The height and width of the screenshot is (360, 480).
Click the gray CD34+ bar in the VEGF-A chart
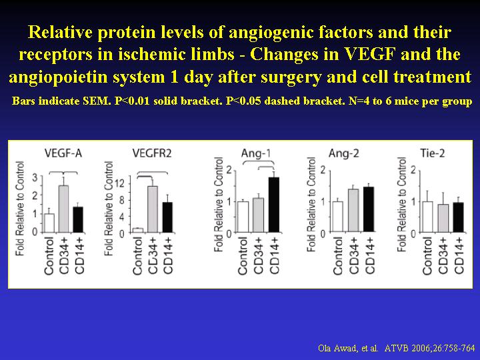[x=64, y=209]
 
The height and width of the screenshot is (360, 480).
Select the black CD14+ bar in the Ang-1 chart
[x=274, y=205]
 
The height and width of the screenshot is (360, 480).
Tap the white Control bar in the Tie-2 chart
[x=427, y=217]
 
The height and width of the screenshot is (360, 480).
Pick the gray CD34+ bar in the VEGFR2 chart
[x=153, y=209]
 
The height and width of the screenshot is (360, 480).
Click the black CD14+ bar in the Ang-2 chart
[x=369, y=209]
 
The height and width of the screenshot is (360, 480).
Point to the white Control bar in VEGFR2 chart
[x=138, y=230]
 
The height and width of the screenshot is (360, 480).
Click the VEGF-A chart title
[x=63, y=153]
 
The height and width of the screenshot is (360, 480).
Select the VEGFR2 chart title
[x=152, y=153]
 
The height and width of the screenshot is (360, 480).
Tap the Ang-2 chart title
[x=343, y=153]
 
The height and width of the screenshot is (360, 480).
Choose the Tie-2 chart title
[x=432, y=153]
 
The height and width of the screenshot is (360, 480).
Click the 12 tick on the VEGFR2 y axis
[x=119, y=184]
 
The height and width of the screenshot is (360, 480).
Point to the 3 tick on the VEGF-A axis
[x=35, y=177]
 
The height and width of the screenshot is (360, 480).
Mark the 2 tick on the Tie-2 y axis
[x=413, y=169]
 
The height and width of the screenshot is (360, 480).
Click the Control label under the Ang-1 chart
[x=242, y=256]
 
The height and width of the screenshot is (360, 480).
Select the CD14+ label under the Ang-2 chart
[x=370, y=256]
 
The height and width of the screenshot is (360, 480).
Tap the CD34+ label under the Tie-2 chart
[x=443, y=256]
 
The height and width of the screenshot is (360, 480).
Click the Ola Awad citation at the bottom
[x=397, y=348]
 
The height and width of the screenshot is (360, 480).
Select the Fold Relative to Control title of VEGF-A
[x=20, y=209]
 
